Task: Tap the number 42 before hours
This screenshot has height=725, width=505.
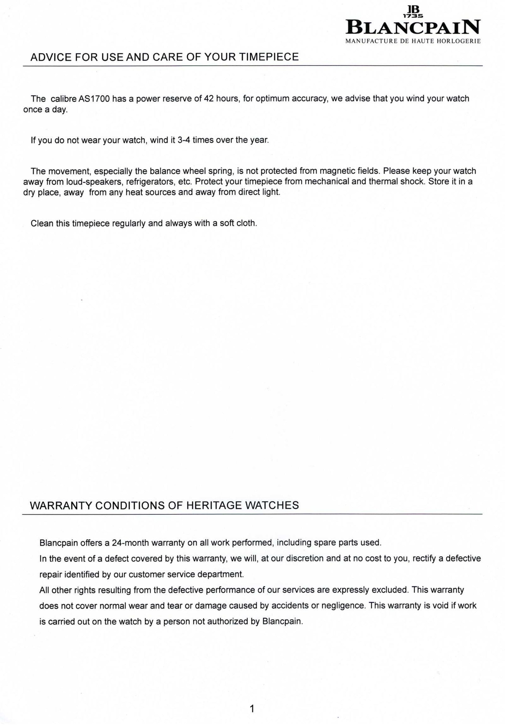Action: [x=209, y=99]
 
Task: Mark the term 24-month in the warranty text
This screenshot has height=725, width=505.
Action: [x=130, y=543]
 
